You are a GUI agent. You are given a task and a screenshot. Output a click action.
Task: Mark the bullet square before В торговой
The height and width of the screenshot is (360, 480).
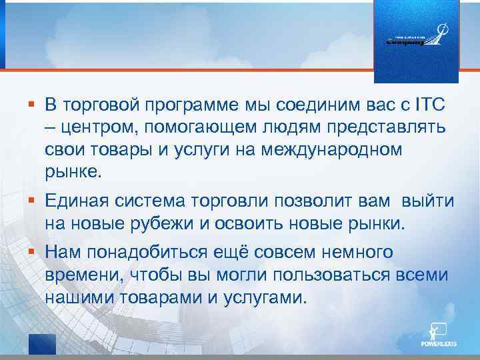pos(31,105)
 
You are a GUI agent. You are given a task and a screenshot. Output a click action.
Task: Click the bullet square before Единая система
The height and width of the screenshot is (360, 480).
pos(31,201)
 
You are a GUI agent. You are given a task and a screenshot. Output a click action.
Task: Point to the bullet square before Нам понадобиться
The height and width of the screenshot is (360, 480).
pos(31,253)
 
